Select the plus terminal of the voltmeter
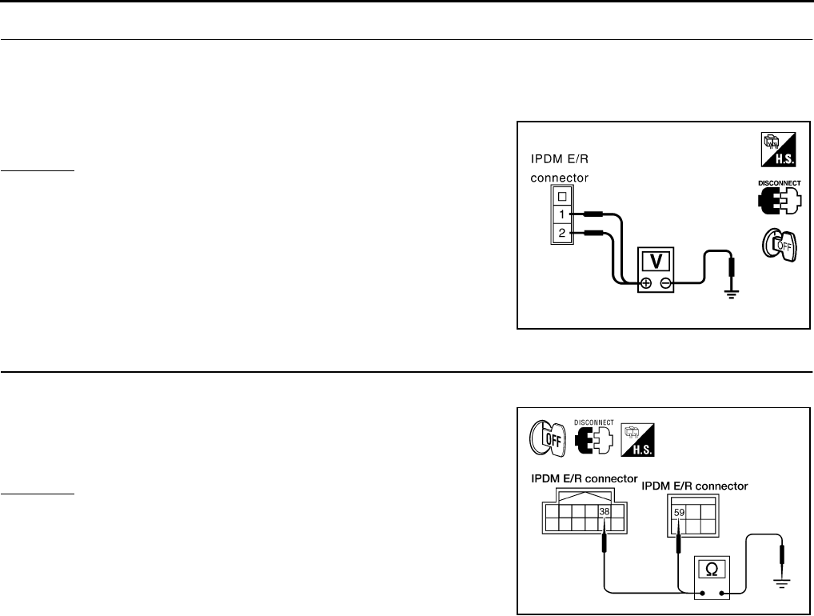pos(646,282)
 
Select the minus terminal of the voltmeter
pos(665,282)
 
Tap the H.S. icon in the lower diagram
pos(637,438)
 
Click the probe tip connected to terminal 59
pos(679,543)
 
